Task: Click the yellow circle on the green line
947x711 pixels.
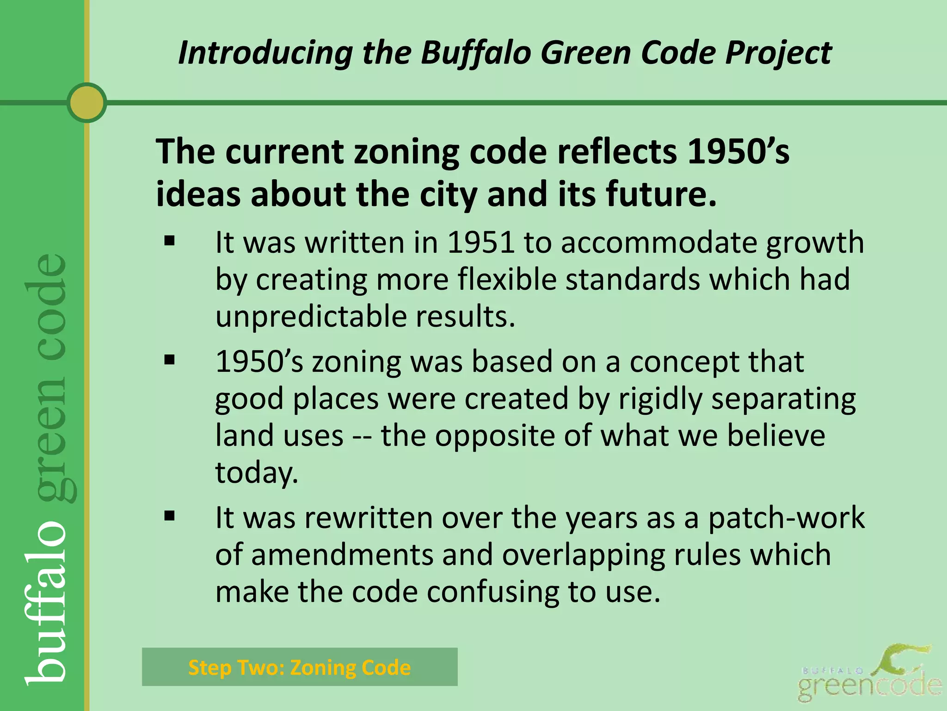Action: click(86, 103)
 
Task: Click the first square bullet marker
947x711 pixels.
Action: click(170, 241)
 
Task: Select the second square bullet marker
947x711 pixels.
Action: click(170, 360)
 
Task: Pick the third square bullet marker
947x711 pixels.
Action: click(170, 515)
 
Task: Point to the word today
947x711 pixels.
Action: click(257, 473)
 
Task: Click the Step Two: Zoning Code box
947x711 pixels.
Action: click(300, 667)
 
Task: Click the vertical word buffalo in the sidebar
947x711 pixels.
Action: click(46, 602)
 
